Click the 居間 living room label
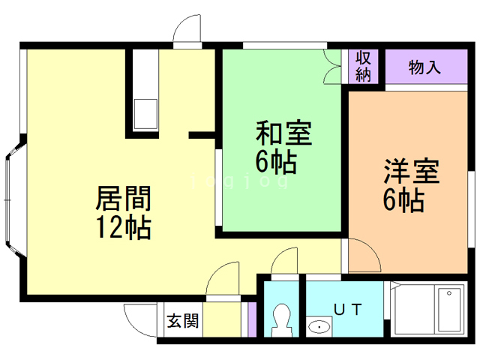[x=123, y=199]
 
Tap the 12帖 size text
[x=123, y=226]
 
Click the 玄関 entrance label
[x=182, y=322]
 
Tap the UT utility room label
[x=348, y=308]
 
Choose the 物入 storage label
[x=424, y=67]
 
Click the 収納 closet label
[x=364, y=67]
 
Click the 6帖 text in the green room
[x=274, y=161]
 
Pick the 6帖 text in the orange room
[x=403, y=200]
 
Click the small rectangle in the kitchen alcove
[x=145, y=114]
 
